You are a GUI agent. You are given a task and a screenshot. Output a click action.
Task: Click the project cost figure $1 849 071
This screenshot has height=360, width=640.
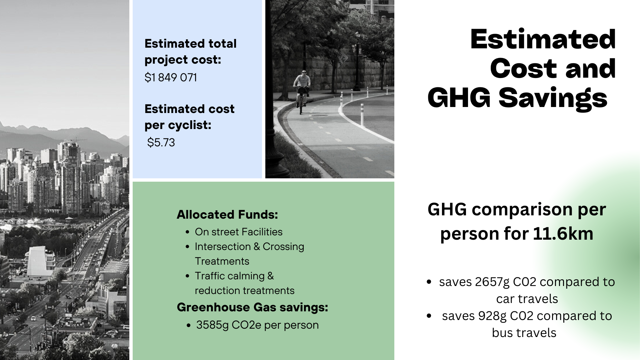point(171,78)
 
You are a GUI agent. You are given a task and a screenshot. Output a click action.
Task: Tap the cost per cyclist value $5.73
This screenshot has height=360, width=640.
point(161,143)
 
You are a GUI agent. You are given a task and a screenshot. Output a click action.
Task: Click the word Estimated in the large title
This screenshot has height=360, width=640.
point(543,39)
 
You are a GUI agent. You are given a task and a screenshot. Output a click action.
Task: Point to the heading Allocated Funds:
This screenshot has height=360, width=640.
point(227,215)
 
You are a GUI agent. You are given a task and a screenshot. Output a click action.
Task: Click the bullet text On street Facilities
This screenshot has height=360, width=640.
point(239,232)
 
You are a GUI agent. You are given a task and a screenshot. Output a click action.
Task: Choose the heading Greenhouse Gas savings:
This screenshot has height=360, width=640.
point(252,307)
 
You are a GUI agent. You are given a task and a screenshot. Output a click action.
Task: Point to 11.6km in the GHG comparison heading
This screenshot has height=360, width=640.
point(563,233)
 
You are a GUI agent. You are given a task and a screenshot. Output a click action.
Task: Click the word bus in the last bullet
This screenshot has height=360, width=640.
point(502,333)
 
